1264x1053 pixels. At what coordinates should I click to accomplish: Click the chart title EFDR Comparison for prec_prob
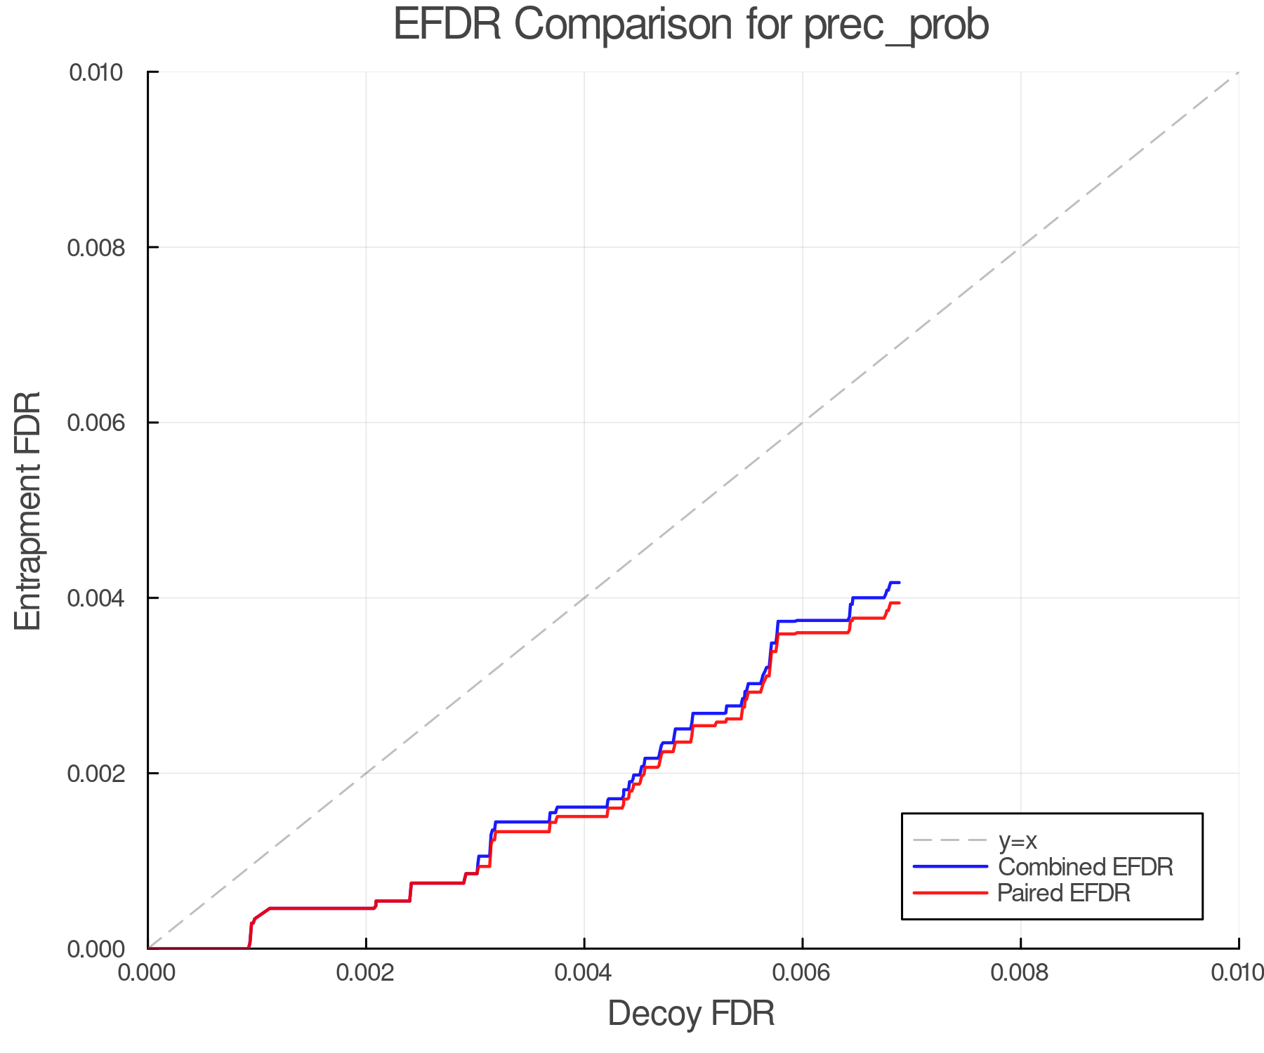coord(691,25)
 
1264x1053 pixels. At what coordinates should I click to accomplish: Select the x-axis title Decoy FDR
coord(691,1014)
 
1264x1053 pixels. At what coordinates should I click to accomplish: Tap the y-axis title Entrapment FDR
coord(28,511)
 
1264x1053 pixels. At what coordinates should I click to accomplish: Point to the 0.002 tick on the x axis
coord(366,973)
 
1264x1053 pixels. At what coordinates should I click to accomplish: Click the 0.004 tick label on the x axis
coord(584,973)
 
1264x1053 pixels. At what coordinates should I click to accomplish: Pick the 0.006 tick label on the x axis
coord(802,973)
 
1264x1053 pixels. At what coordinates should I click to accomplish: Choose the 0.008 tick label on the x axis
coord(1020,973)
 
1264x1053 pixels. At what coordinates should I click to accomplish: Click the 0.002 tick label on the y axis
coord(96,774)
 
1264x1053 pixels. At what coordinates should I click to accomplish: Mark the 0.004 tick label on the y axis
coord(96,598)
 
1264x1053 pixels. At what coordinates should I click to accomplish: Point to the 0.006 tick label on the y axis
coord(96,423)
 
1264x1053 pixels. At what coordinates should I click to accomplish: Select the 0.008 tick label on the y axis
coord(96,247)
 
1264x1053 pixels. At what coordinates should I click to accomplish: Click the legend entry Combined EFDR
coord(1085,867)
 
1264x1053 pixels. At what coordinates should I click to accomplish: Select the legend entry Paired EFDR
coord(1063,893)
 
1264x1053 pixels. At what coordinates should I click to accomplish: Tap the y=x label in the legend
coord(1018,840)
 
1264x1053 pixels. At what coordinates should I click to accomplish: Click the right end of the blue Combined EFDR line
coord(899,583)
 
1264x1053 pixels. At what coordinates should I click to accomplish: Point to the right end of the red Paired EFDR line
coord(899,603)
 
